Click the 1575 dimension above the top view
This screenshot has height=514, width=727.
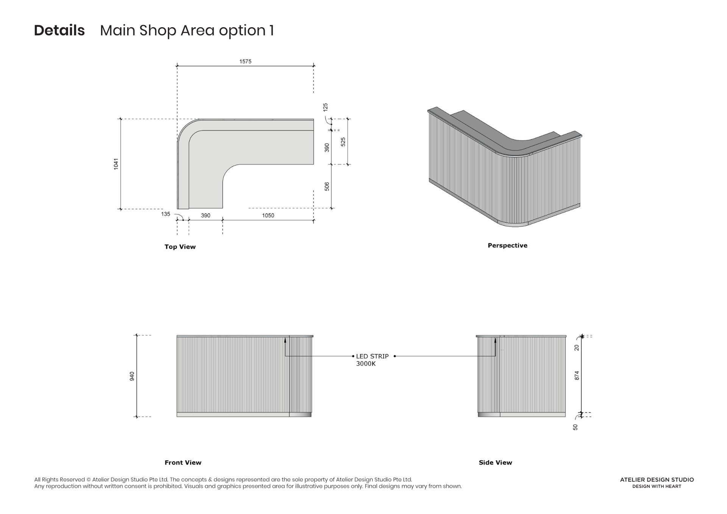[x=245, y=61]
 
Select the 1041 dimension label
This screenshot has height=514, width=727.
[x=116, y=164]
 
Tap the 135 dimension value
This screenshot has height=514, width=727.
[x=165, y=214]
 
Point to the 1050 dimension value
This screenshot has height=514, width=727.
[x=268, y=216]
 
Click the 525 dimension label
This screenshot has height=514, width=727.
[x=343, y=142]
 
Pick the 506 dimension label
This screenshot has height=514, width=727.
[x=327, y=186]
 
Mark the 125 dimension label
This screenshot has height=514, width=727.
[x=325, y=107]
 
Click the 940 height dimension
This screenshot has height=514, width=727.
[x=132, y=376]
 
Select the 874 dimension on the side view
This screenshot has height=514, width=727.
[x=577, y=375]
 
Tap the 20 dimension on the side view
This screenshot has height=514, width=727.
[x=577, y=347]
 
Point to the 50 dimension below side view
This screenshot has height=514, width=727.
[x=576, y=427]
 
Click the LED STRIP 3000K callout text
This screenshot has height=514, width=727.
[x=372, y=360]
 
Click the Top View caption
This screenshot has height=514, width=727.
[x=180, y=247]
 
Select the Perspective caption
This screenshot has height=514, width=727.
[x=507, y=245]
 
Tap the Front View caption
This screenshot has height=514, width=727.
[x=183, y=462]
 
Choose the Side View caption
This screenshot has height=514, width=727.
[x=495, y=462]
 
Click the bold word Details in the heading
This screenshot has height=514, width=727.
[x=59, y=30]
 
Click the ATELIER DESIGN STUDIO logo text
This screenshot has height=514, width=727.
[x=657, y=480]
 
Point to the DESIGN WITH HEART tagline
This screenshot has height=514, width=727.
[x=657, y=486]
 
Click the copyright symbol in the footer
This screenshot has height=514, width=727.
[x=89, y=480]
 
